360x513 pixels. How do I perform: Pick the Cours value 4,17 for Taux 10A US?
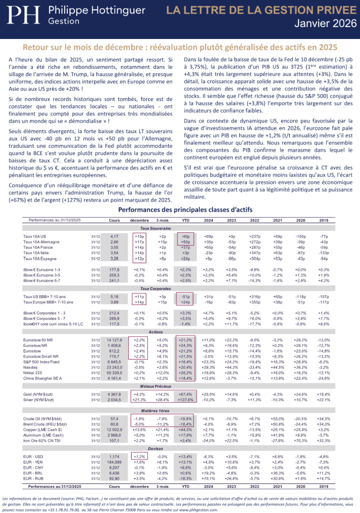click(114, 236)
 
